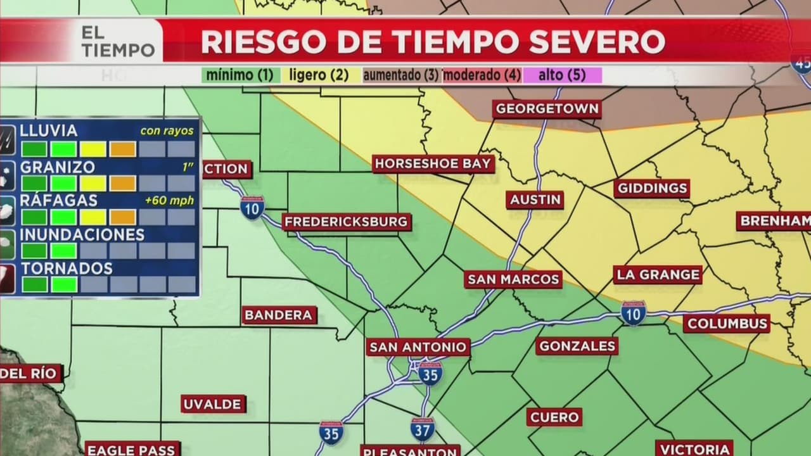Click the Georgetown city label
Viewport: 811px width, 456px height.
547,109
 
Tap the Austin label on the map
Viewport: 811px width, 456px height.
535,199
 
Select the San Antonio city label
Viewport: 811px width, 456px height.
418,347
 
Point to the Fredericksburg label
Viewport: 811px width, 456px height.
346,222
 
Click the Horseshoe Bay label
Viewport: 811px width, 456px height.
433,164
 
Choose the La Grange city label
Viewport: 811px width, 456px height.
658,275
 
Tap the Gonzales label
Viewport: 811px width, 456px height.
577,346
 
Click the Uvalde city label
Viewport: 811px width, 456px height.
212,404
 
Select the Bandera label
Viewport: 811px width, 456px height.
279,315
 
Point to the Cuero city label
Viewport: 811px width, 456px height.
554,417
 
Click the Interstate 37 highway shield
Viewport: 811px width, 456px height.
423,429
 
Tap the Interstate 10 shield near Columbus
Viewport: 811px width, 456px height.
633,313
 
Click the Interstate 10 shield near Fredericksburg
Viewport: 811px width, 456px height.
252,207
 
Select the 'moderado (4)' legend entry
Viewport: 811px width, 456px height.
482,75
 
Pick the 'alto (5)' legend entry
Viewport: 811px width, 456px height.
561,75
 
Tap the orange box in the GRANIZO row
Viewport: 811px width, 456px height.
122,183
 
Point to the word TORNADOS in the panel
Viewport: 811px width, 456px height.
67,268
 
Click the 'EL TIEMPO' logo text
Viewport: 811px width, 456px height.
117,42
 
